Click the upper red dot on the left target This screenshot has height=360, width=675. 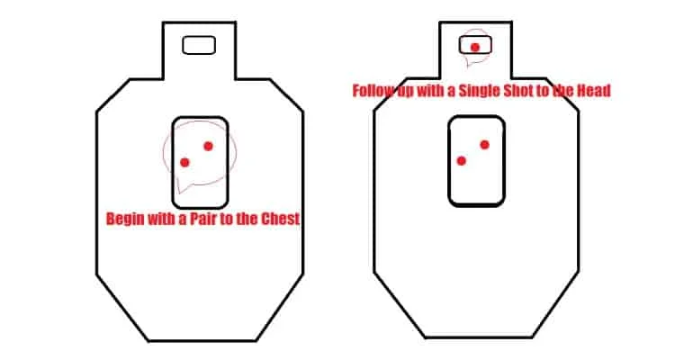(208, 146)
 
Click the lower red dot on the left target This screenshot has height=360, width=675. (185, 162)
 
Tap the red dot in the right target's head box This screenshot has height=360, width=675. (474, 47)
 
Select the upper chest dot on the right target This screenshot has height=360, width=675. (484, 145)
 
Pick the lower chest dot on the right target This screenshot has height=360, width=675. (462, 160)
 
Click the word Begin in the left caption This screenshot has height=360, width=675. (127, 219)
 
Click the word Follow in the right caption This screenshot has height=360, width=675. (372, 91)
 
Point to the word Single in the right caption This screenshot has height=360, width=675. (485, 91)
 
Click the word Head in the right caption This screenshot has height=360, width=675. (595, 91)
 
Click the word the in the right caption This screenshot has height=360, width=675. (570, 91)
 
